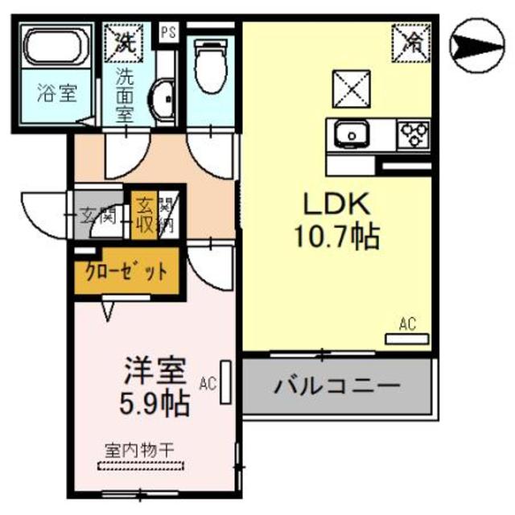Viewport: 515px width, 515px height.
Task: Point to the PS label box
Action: pos(168,33)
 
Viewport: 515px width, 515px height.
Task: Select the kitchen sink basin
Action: pos(352,134)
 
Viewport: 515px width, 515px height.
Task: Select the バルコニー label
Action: pos(336,386)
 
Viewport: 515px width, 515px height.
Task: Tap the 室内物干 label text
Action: pos(140,448)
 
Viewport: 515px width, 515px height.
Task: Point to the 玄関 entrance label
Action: pos(99,214)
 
